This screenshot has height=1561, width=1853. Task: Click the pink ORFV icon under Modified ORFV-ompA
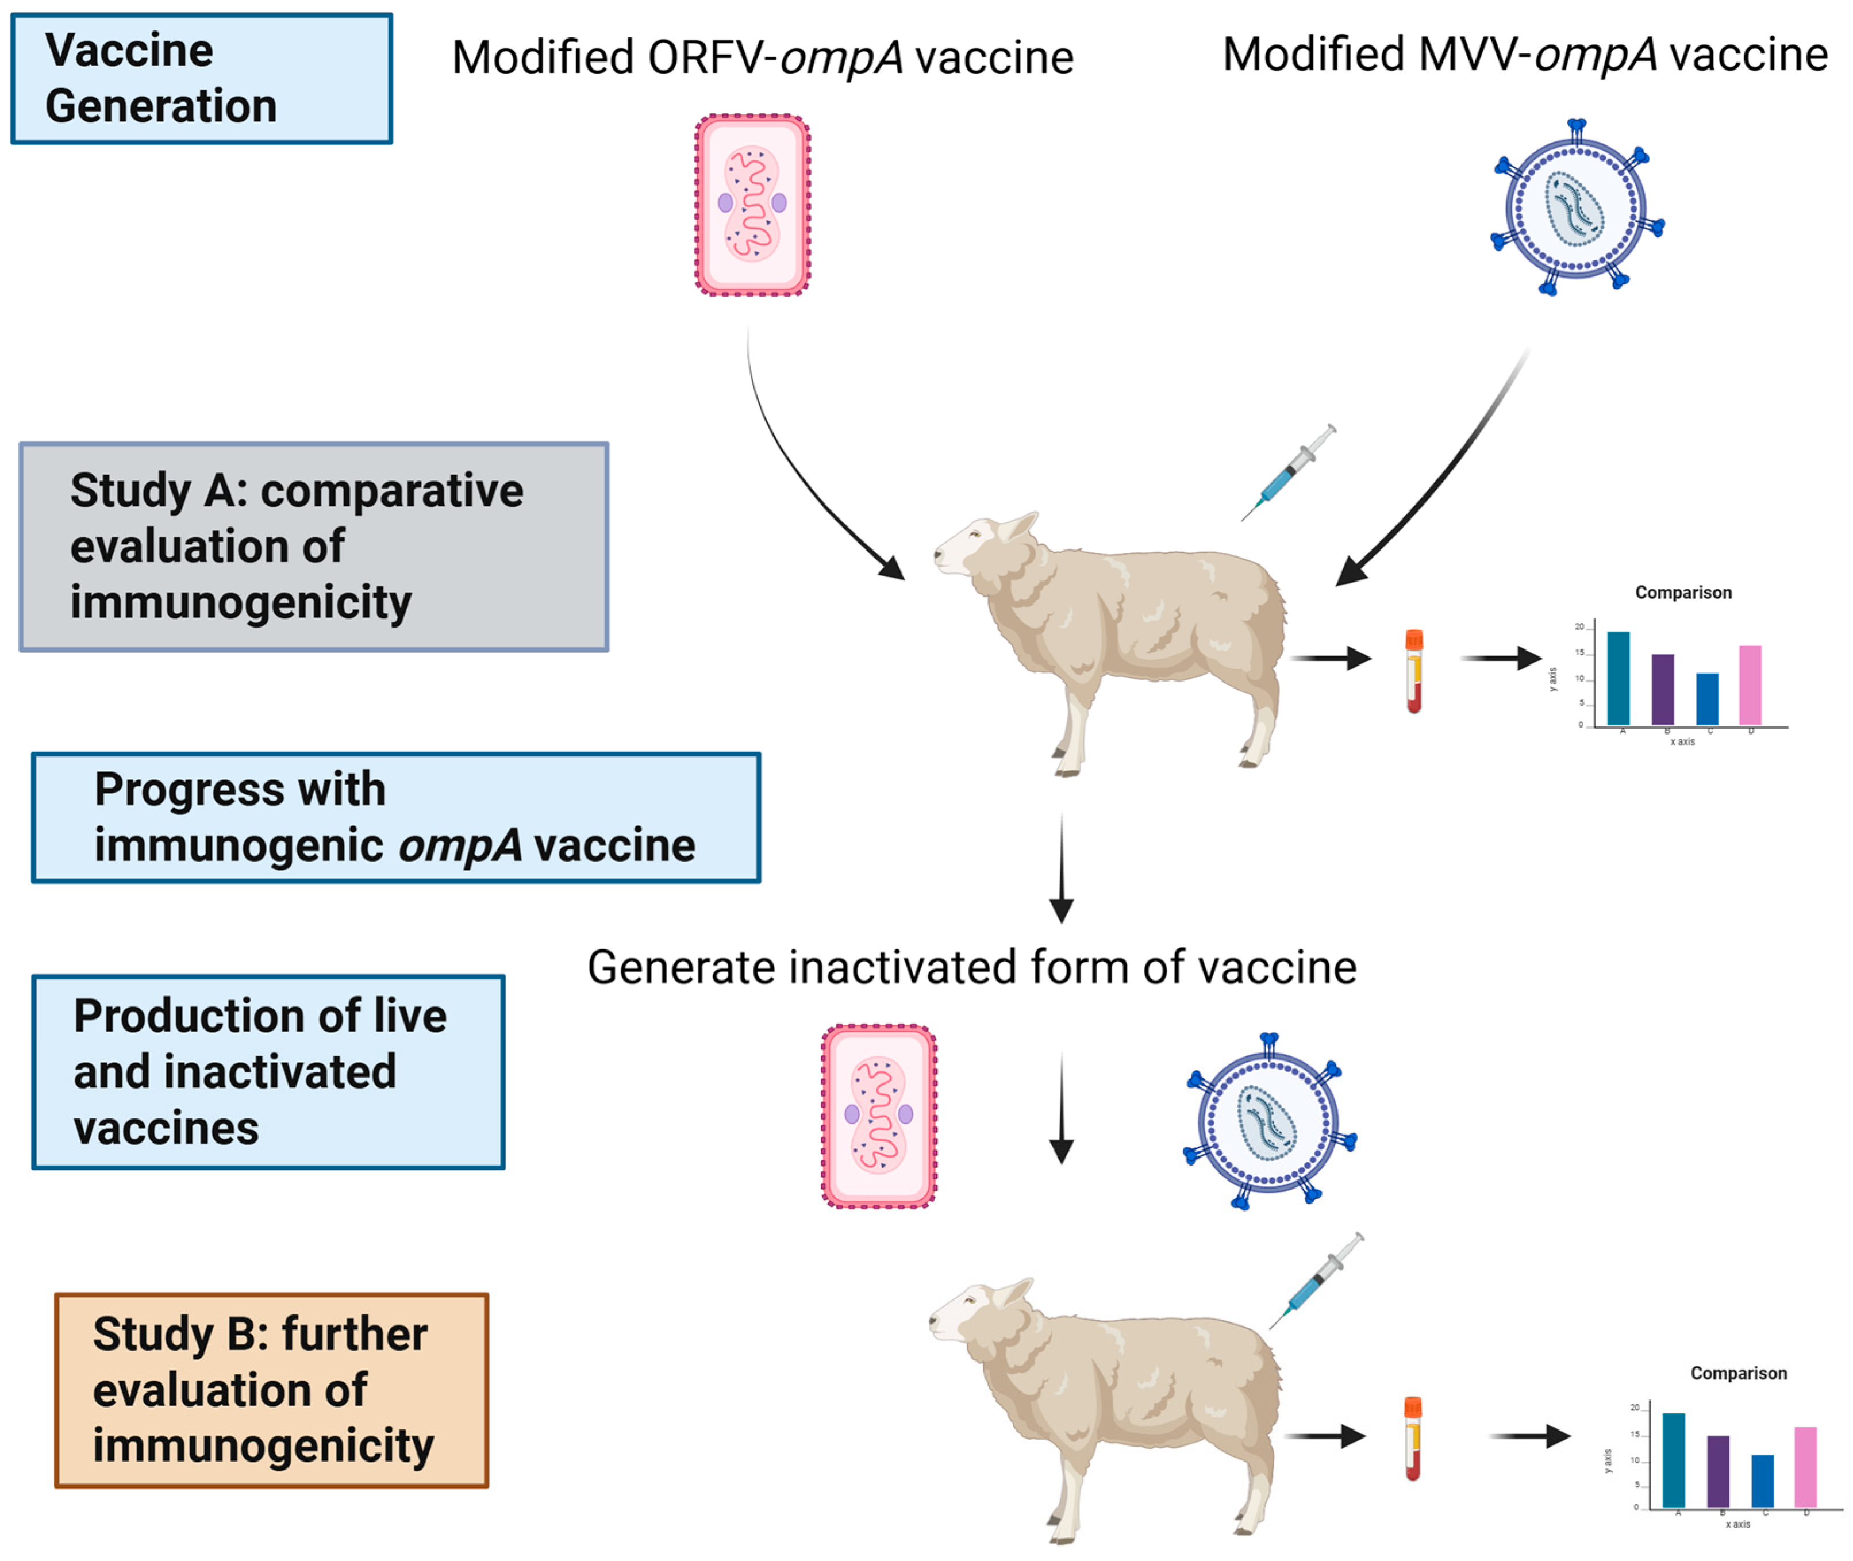[752, 205]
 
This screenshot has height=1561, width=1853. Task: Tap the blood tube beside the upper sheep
[1414, 670]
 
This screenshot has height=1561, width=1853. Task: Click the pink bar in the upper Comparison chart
[1750, 685]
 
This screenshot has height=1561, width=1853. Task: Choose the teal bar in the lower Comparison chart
[1673, 1459]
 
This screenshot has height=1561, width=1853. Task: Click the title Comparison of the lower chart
[1738, 1374]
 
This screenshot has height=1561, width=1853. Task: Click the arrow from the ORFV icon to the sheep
[797, 478]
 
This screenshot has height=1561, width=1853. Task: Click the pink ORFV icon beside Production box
[879, 1116]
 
